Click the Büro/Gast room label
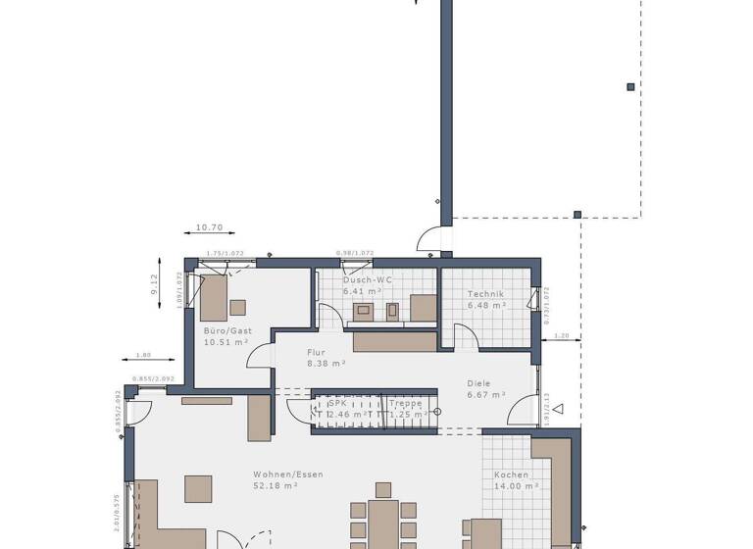227,331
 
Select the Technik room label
485,294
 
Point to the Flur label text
316,352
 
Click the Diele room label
479,383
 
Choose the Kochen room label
511,474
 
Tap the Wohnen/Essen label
288,474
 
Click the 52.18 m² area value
276,485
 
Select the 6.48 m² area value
485,305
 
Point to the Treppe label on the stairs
405,403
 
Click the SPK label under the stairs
338,403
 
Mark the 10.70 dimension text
210,227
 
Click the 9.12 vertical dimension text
154,284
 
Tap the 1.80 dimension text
142,355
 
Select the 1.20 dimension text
561,336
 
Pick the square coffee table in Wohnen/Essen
198,488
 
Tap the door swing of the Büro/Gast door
259,357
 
